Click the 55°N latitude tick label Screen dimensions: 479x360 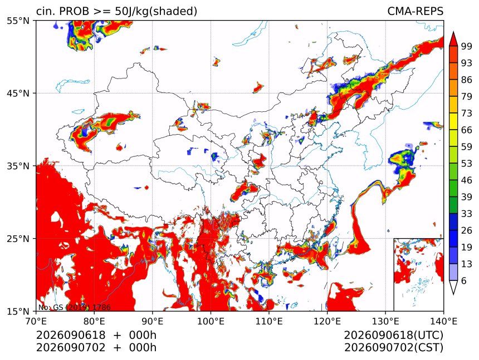coord(18,21)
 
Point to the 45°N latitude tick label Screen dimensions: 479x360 coord(18,93)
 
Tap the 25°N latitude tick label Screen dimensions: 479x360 coord(18,239)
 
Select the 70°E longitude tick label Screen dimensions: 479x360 coord(36,322)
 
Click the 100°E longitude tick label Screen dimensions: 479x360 coord(211,322)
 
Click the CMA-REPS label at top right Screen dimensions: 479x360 coord(415,11)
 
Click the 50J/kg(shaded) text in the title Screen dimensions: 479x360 coord(156,12)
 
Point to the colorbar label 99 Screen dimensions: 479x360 coord(467,46)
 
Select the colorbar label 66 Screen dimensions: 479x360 coord(467,130)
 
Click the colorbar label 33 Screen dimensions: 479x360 coord(467,214)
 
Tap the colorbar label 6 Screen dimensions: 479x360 coord(464,281)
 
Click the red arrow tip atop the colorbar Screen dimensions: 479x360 coord(453,32)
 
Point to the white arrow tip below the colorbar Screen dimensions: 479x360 coord(453,294)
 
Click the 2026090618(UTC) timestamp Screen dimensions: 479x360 coord(393,336)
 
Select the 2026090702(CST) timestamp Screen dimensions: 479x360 coord(393,348)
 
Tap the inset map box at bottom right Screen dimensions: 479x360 coord(418,274)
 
